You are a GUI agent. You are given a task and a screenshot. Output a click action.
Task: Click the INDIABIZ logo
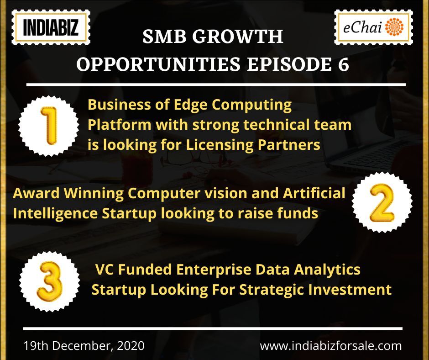click(51, 27)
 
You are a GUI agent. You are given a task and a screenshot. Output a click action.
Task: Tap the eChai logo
click(373, 27)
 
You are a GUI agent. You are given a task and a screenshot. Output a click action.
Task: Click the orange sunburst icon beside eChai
click(394, 27)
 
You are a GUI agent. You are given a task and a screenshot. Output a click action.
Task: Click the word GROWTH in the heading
click(238, 36)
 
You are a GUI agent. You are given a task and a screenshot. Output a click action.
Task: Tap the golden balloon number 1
click(49, 126)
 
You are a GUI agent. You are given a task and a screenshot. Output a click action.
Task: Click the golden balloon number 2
click(382, 203)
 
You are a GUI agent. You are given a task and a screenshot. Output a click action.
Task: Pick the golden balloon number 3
click(50, 281)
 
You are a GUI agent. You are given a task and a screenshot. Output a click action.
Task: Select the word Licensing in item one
click(220, 145)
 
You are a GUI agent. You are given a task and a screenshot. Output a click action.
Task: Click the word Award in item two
click(36, 193)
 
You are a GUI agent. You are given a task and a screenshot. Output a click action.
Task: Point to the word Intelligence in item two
click(55, 214)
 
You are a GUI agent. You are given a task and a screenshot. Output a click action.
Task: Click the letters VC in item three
click(105, 270)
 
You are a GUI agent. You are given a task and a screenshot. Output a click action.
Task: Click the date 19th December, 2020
click(84, 346)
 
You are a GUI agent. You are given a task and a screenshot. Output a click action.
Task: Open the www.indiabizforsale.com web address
click(331, 346)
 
